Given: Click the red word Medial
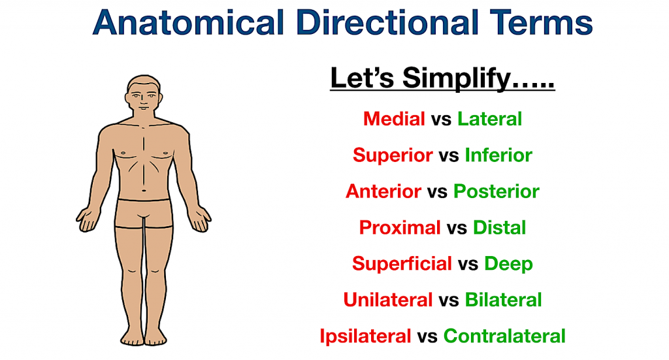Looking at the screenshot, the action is click(394, 118).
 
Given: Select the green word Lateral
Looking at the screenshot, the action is click(489, 118).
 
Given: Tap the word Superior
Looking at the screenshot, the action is click(393, 155).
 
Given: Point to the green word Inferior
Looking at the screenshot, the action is click(498, 155).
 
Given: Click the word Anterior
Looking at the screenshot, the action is click(383, 191).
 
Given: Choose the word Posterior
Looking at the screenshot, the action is click(497, 191).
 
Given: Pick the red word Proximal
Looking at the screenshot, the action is click(400, 227).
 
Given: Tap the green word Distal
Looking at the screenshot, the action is click(499, 227).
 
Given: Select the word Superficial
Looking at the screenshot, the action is click(402, 263).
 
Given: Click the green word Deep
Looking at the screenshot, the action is click(508, 264).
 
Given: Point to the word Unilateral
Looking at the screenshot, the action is click(388, 300).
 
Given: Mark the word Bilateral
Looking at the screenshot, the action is click(503, 300).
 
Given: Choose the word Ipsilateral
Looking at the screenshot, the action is click(365, 336).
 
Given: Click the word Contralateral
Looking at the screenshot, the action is click(504, 336).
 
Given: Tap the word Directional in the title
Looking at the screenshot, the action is click(387, 22).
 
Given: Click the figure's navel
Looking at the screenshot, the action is click(144, 190).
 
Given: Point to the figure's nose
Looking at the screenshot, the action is click(144, 101).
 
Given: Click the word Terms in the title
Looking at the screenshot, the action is click(541, 23).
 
